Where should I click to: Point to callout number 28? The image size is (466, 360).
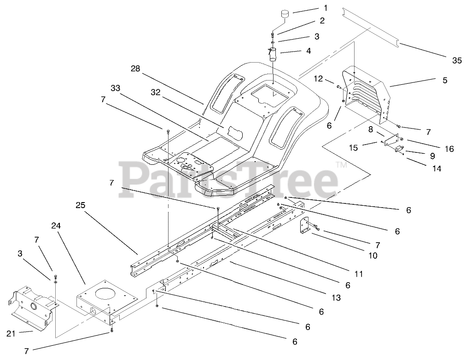click(135, 69)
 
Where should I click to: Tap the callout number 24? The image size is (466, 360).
click(56, 226)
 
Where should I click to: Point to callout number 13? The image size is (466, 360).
click(336, 298)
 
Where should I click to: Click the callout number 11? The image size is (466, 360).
click(359, 274)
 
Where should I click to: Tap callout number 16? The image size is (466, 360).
click(449, 149)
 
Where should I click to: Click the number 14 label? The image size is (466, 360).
click(437, 168)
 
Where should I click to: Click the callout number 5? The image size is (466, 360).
click(445, 80)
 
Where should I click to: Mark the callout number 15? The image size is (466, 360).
click(353, 148)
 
